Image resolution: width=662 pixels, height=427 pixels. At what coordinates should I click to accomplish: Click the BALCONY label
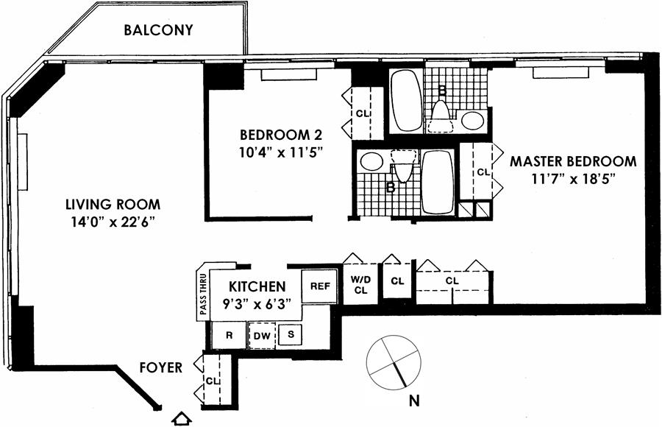[158, 30]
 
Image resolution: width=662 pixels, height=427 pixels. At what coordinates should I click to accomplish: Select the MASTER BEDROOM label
[573, 161]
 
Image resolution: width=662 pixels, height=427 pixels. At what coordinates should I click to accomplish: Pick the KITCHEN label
[256, 286]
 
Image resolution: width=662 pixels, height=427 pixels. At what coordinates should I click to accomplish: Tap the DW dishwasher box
[262, 336]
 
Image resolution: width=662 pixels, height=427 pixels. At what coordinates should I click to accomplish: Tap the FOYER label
[160, 367]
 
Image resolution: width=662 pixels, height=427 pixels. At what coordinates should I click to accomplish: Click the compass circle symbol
[395, 361]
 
